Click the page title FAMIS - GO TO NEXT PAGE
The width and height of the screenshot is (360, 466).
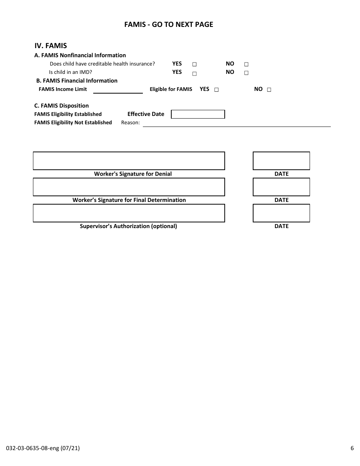pyautogui.click(x=169, y=25)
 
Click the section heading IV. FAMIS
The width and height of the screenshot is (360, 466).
pyautogui.click(x=51, y=46)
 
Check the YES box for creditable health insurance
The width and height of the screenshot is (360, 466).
pyautogui.click(x=194, y=64)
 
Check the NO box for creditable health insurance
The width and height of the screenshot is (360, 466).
pyautogui.click(x=246, y=64)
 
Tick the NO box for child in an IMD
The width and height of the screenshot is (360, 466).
pyautogui.click(x=246, y=73)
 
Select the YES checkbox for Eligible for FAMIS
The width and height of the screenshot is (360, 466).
pyautogui.click(x=216, y=90)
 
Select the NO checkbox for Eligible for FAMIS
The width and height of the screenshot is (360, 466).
pyautogui.click(x=269, y=90)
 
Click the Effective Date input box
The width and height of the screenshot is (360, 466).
pyautogui.click(x=198, y=114)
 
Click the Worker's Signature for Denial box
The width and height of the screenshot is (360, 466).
pyautogui.click(x=129, y=161)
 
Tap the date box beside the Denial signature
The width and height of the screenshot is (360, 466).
pyautogui.click(x=281, y=161)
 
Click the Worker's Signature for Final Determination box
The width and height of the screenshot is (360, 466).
pyautogui.click(x=129, y=187)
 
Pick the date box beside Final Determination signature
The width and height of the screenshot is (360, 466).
pyautogui.click(x=281, y=187)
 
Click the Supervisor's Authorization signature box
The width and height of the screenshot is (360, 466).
pyautogui.click(x=129, y=213)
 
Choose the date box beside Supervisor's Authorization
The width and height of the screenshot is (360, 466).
pyautogui.click(x=281, y=213)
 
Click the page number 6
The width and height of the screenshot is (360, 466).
pyautogui.click(x=352, y=449)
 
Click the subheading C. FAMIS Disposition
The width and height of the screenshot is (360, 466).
pyautogui.click(x=61, y=106)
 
